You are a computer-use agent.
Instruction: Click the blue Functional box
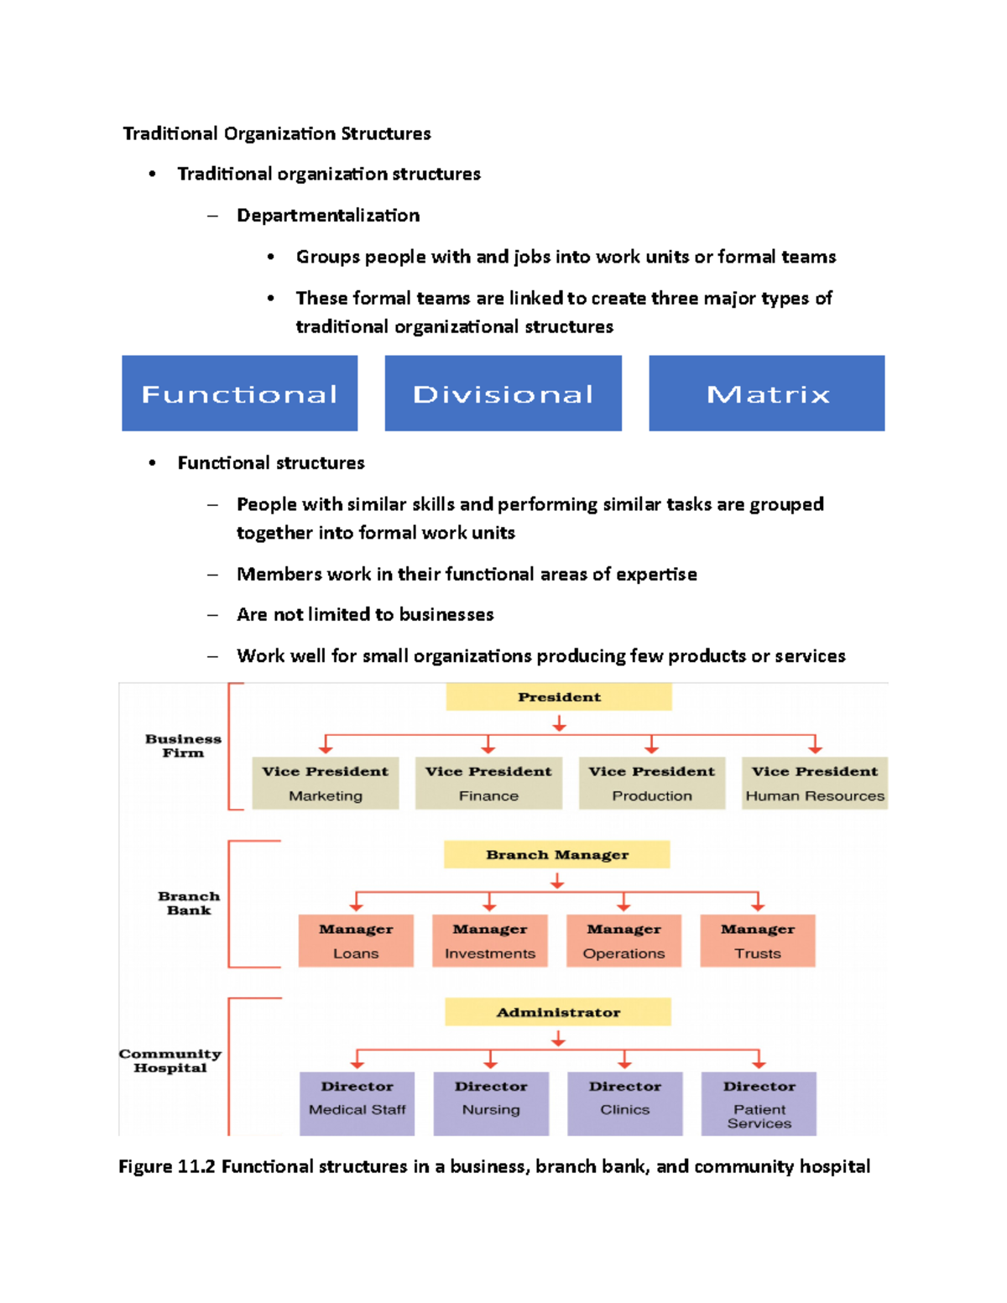pyautogui.click(x=239, y=394)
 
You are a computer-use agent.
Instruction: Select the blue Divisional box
pyautogui.click(x=503, y=394)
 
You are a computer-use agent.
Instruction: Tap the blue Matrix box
pyautogui.click(x=766, y=394)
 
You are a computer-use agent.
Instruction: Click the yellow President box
pyautogui.click(x=559, y=697)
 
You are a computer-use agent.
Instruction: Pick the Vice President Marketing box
pyautogui.click(x=326, y=783)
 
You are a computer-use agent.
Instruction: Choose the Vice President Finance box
pyautogui.click(x=488, y=783)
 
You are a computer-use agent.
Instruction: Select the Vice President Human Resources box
pyautogui.click(x=815, y=783)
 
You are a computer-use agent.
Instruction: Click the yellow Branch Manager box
pyautogui.click(x=557, y=855)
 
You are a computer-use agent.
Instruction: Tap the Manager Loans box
pyautogui.click(x=356, y=941)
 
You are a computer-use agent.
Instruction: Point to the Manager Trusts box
pyautogui.click(x=758, y=941)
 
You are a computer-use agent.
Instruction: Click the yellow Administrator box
pyautogui.click(x=558, y=1012)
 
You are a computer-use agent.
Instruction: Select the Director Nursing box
pyautogui.click(x=491, y=1103)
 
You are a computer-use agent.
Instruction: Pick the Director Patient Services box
pyautogui.click(x=759, y=1103)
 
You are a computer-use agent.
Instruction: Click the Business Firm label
pyautogui.click(x=183, y=746)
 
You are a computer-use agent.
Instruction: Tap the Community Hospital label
pyautogui.click(x=170, y=1061)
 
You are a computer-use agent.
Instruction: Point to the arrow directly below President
pyautogui.click(x=559, y=723)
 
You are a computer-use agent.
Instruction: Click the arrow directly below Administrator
pyautogui.click(x=558, y=1039)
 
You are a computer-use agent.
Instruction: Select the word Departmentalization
pyautogui.click(x=328, y=216)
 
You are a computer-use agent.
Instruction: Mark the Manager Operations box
pyautogui.click(x=624, y=941)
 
